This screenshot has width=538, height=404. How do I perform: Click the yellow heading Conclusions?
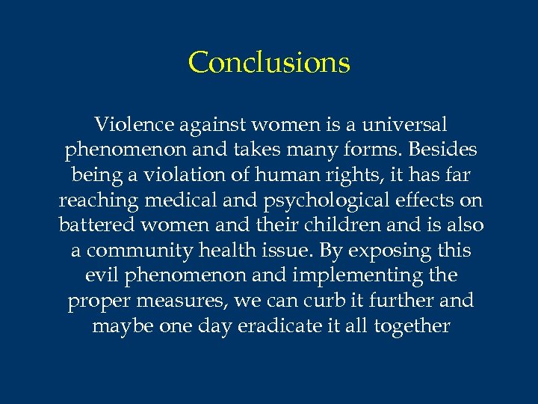coord(269,62)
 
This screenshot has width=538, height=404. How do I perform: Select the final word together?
coord(412,326)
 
